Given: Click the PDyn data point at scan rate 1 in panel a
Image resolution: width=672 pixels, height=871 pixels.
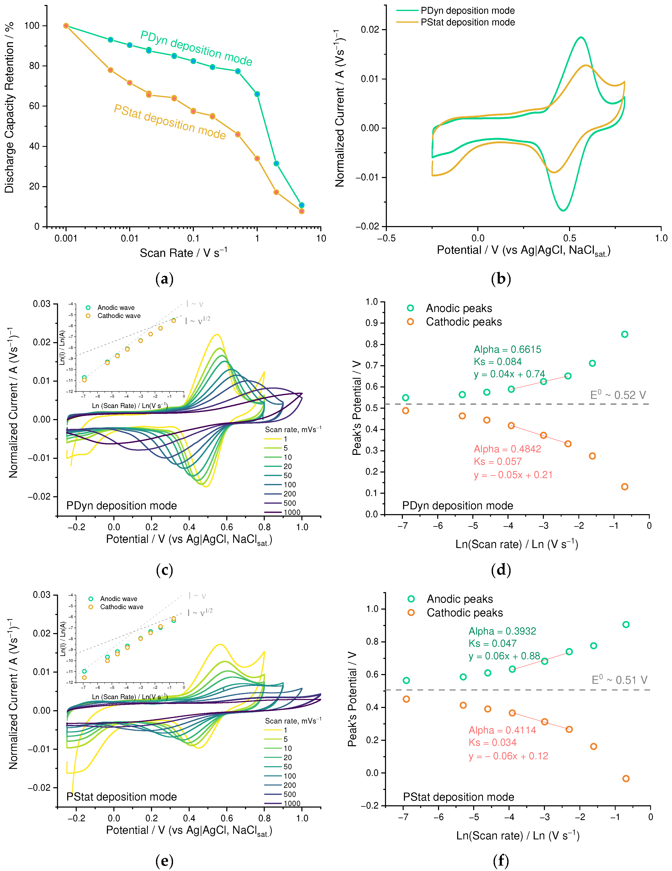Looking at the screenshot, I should (x=257, y=94).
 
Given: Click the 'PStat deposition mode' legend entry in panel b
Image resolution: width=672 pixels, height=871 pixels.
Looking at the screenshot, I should (x=467, y=22).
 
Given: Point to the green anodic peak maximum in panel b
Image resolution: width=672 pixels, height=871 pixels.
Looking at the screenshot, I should (x=581, y=37).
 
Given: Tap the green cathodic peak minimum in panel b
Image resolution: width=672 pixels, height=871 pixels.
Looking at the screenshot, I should (x=563, y=210).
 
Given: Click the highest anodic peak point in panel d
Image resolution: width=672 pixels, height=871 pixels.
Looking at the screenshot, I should (x=625, y=334).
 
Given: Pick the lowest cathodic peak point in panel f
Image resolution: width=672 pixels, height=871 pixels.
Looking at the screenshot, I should (x=626, y=778).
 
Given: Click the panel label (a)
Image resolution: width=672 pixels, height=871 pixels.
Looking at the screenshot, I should (x=164, y=279).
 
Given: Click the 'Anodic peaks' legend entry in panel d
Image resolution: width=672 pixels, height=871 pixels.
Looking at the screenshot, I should (x=459, y=308).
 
